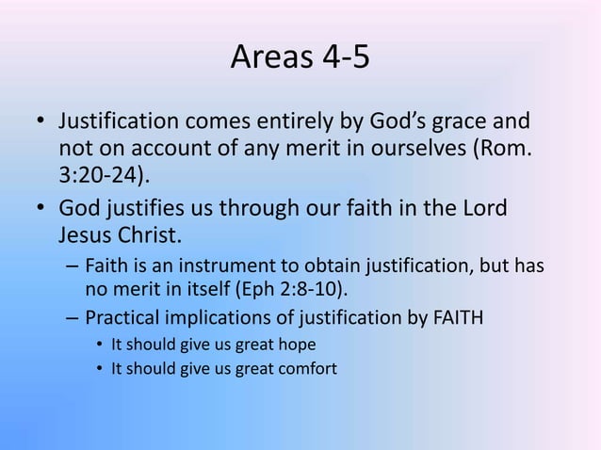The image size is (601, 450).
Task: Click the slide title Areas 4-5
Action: (300, 60)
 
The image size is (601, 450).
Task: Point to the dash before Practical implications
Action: (73, 315)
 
